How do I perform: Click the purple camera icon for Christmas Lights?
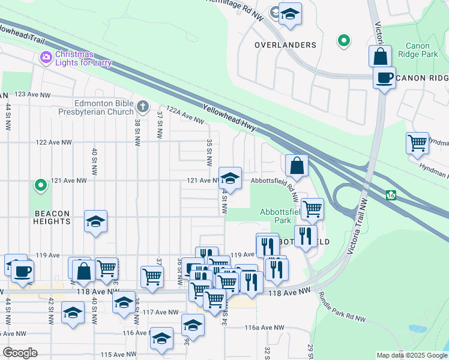click(46, 58)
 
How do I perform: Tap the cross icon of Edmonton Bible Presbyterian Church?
click(142, 107)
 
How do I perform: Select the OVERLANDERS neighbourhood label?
click(285, 45)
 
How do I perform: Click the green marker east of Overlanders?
click(343, 41)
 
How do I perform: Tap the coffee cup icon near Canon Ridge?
click(384, 77)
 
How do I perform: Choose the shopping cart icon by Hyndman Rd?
click(417, 143)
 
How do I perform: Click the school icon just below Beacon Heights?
click(95, 221)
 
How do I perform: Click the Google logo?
click(20, 353)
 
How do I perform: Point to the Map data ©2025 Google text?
click(411, 355)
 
